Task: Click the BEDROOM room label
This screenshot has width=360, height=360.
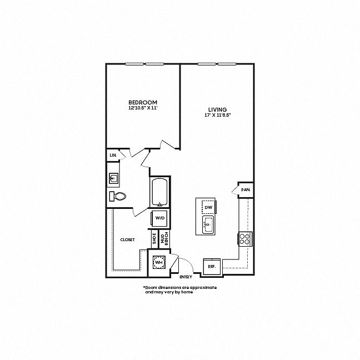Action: [143, 102]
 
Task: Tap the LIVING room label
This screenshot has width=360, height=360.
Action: [217, 110]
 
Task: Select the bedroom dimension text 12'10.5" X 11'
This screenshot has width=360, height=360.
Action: [143, 108]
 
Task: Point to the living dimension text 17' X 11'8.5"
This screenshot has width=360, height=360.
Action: [217, 115]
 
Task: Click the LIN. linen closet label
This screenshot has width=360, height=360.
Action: [113, 155]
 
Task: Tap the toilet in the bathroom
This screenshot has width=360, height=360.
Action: [118, 196]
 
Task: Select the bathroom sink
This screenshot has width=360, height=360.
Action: [113, 178]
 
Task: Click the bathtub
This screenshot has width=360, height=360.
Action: [159, 193]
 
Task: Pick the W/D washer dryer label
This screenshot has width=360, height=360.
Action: [160, 218]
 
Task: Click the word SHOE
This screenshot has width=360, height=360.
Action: [154, 238]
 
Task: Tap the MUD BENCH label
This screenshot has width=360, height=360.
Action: [164, 238]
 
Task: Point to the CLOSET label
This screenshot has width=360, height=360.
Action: [127, 239]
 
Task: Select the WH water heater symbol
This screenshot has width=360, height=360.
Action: [159, 262]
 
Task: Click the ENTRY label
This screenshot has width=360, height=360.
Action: [186, 277]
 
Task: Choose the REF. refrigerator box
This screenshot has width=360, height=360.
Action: [212, 267]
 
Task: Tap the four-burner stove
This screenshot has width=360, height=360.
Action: [245, 239]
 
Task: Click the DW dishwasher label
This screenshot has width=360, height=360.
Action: [208, 208]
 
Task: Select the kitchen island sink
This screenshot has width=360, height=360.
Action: [208, 224]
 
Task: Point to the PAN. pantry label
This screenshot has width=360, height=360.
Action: [246, 190]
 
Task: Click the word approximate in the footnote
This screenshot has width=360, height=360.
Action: [205, 287]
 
